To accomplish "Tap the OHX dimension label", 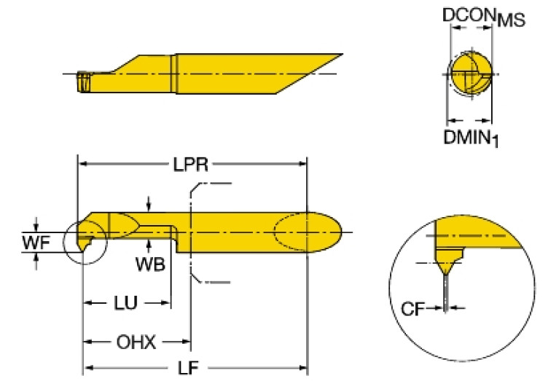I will point(138,341).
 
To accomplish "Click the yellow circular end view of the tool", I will point(469,74).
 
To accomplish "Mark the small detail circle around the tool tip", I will point(85,241).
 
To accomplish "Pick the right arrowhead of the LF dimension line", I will point(305,369).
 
